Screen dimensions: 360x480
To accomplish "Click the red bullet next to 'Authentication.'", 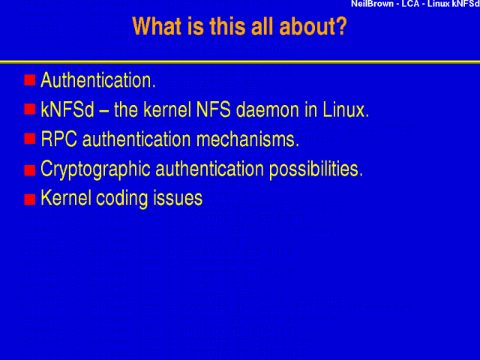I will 30,79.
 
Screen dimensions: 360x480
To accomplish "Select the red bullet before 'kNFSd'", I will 30,109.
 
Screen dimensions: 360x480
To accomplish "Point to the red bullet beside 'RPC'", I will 30,139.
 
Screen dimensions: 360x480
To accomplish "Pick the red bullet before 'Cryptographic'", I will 30,169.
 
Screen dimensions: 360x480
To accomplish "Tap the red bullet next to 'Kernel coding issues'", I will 30,199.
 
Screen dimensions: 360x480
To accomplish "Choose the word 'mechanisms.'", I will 250,139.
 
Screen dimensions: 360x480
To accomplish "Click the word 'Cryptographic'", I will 94,169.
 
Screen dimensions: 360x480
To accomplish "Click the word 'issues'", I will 177,199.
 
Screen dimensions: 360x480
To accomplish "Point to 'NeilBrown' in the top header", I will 373,4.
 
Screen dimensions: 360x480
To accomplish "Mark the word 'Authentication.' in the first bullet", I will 98,79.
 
